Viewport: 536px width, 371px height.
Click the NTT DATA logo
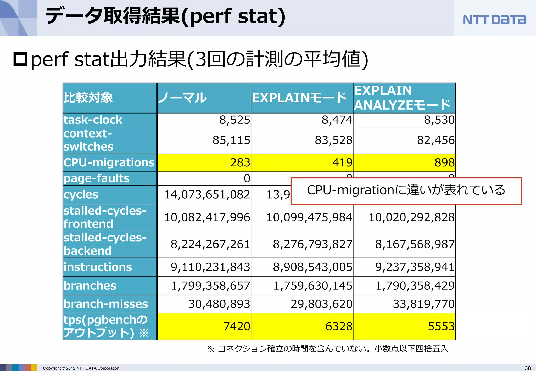[494, 20]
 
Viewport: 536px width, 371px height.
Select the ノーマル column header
[183, 98]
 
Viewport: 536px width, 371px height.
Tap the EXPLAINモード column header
[299, 98]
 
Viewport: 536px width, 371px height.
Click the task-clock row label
[93, 120]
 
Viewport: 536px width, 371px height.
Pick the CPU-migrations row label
[109, 162]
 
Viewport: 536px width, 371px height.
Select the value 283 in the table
[240, 162]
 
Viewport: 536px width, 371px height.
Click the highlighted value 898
[444, 162]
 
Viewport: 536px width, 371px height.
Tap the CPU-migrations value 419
[342, 162]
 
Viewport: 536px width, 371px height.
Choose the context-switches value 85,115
[231, 140]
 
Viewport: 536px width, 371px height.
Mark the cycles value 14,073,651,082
[207, 195]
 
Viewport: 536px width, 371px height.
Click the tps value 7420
[237, 327]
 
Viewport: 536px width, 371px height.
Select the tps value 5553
[441, 327]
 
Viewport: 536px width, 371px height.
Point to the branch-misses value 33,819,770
[423, 304]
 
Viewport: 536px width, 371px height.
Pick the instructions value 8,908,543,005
[312, 267]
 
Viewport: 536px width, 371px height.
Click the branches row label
[90, 286]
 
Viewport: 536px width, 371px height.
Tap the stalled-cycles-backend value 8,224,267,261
[210, 244]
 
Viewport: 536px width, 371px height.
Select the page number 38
[528, 368]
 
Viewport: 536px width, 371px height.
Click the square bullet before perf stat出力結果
[20, 59]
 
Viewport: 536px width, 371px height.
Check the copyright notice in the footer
[81, 368]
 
